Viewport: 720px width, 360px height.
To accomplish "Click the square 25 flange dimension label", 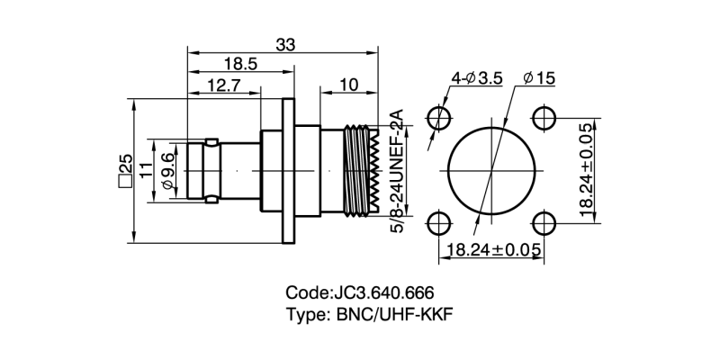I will [x=124, y=169].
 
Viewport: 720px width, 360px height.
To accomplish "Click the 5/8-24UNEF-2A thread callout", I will [x=396, y=171].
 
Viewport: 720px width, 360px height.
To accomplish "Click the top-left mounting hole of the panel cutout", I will [x=440, y=119].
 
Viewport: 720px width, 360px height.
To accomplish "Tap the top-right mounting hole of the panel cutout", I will [x=543, y=119].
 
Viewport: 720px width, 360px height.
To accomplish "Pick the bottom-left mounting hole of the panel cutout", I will [x=440, y=222].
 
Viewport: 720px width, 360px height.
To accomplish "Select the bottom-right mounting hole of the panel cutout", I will [x=543, y=222].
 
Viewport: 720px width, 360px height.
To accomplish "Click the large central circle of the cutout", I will [x=491, y=171].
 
